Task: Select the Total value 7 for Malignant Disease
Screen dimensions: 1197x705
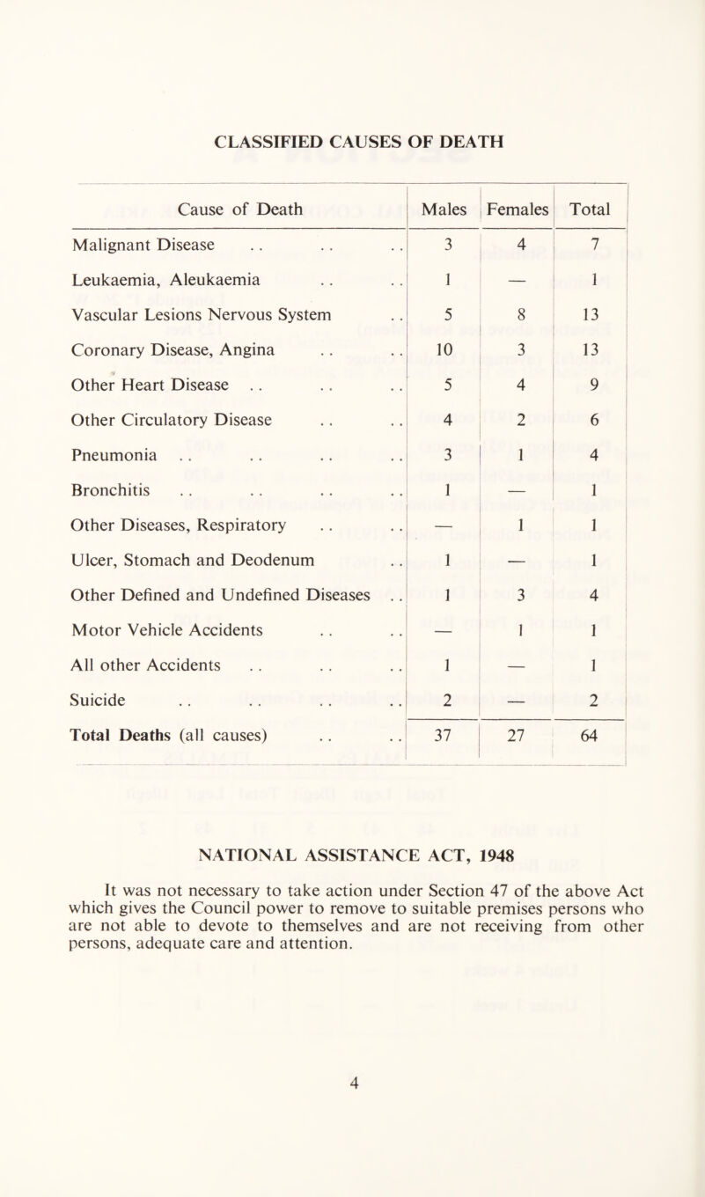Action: click(x=595, y=244)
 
